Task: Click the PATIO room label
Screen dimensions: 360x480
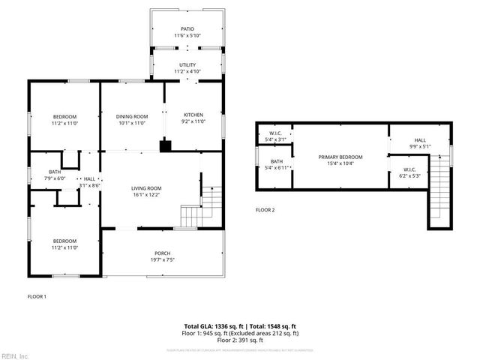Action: point(187,29)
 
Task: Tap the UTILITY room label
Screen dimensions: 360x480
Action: point(187,65)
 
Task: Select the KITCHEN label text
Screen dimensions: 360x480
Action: point(193,115)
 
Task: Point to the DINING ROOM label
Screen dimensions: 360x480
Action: point(132,116)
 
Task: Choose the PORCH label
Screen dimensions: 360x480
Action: point(163,253)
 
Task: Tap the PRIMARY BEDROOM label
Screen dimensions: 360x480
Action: point(340,157)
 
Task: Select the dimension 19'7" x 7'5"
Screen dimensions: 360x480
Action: point(163,259)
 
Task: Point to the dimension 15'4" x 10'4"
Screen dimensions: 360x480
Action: point(340,163)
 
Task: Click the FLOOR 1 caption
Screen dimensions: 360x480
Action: point(37,297)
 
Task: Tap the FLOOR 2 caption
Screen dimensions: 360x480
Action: point(265,210)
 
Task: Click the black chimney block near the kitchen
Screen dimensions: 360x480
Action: point(164,146)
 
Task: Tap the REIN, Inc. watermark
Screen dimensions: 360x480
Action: point(14,355)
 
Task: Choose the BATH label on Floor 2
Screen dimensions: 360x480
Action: point(277,160)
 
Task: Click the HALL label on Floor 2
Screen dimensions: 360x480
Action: point(420,140)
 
